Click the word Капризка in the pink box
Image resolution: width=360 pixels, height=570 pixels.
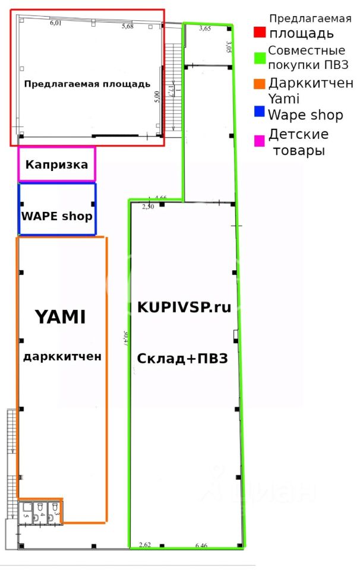click(56, 164)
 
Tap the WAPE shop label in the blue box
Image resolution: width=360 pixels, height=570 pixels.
click(57, 216)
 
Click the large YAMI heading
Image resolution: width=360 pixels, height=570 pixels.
click(60, 317)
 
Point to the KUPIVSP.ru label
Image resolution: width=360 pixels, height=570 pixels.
click(184, 307)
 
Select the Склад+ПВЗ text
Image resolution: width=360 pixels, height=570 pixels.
click(182, 359)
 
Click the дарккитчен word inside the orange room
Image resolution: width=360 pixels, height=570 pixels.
click(62, 357)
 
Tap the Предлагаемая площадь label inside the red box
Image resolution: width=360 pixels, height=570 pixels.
click(87, 84)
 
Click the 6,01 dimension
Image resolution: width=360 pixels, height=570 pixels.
click(56, 23)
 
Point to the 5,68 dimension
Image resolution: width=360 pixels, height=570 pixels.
click(128, 26)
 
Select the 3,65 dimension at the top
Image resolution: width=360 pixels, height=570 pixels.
click(205, 28)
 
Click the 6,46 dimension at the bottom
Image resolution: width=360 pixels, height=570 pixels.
click(201, 544)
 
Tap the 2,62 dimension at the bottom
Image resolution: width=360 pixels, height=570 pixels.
click(145, 544)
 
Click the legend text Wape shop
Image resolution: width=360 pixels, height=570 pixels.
click(305, 115)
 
